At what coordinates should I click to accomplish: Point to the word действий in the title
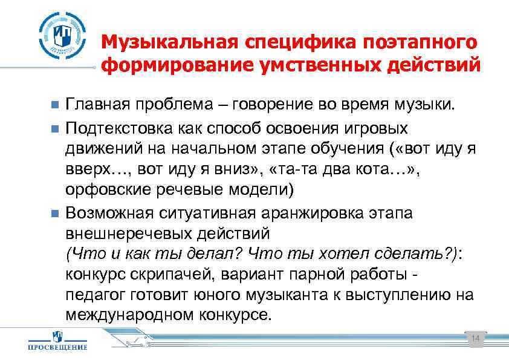(x=438, y=65)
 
